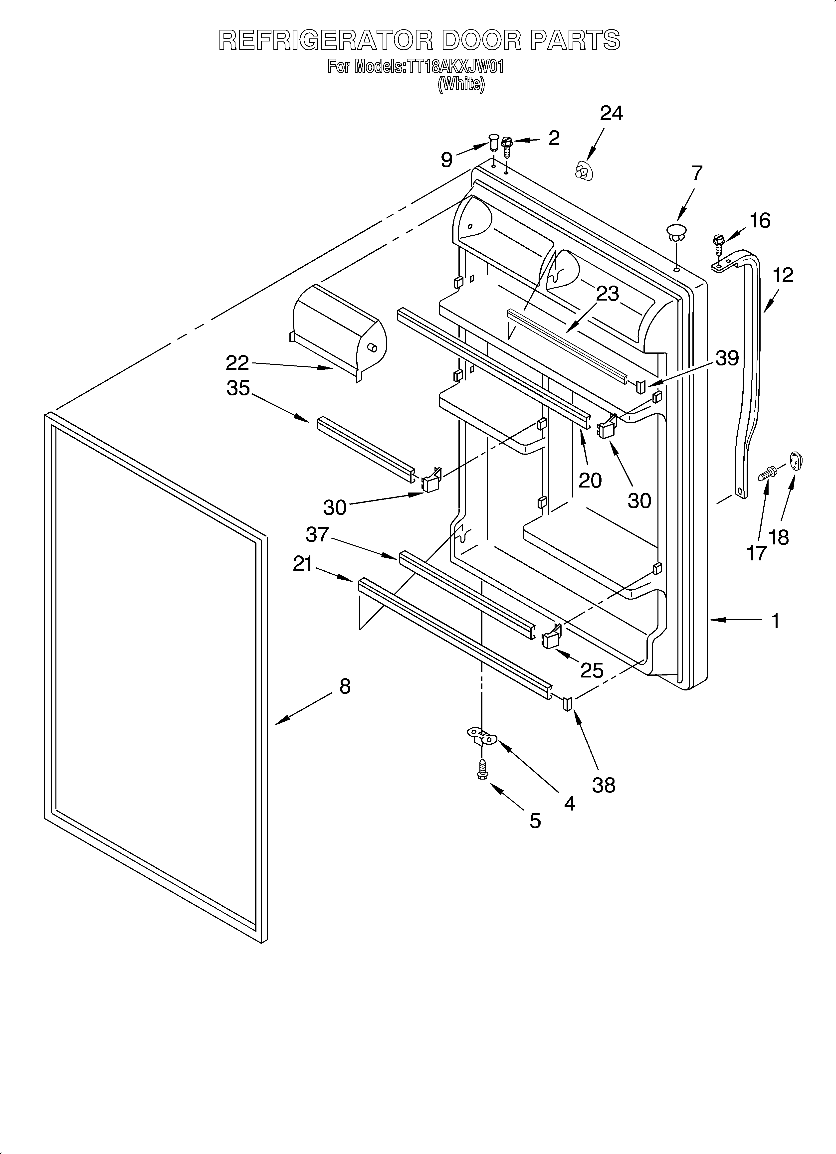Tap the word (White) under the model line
(461, 83)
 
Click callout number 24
(611, 114)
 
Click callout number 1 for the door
(775, 621)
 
